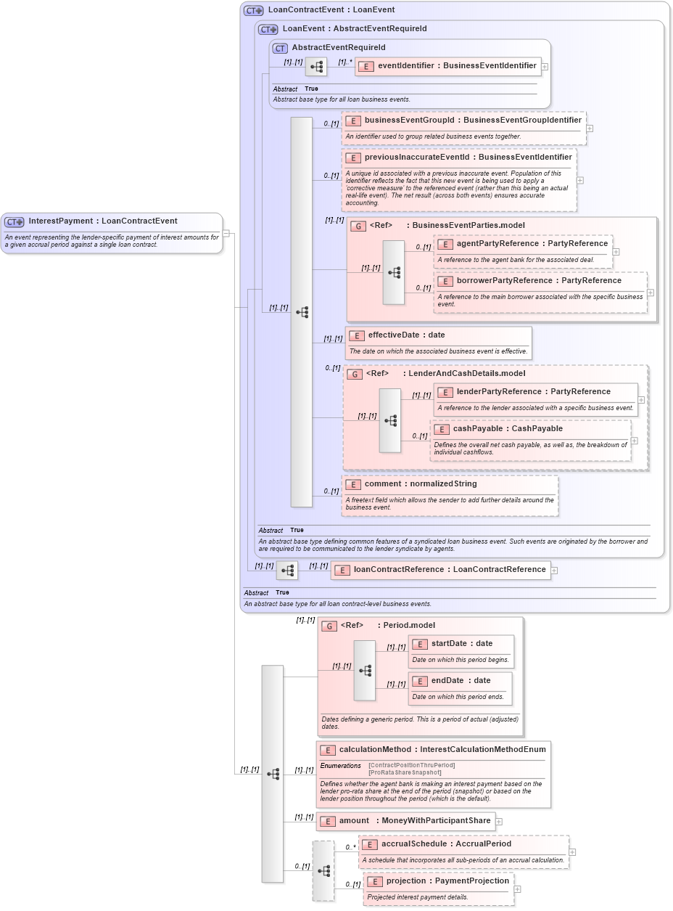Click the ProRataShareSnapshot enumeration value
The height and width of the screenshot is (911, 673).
click(x=405, y=772)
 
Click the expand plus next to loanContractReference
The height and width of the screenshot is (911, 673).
click(x=554, y=571)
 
